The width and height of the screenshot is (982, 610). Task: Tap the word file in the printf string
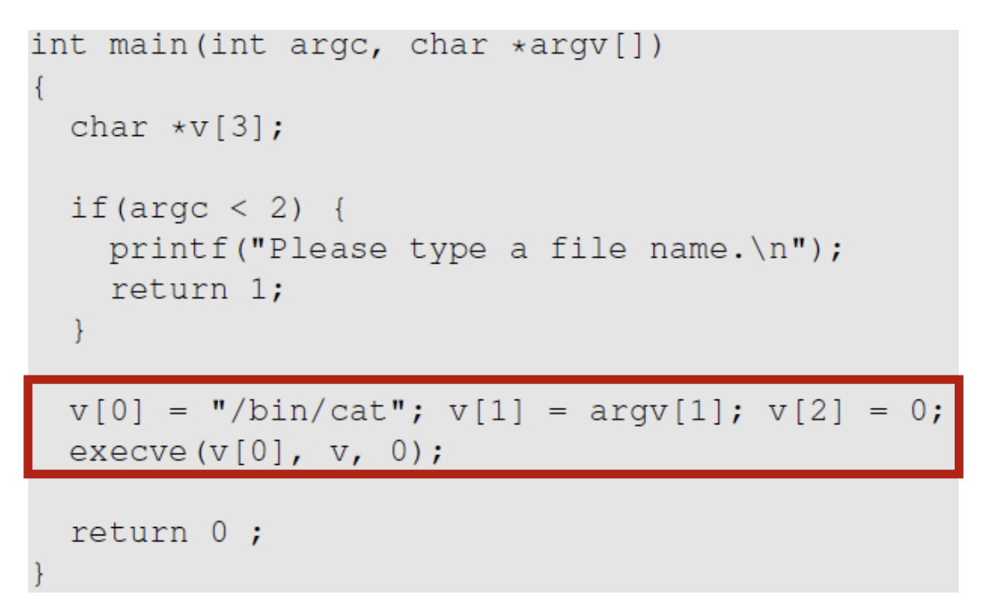click(x=588, y=249)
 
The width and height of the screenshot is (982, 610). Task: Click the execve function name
click(x=129, y=453)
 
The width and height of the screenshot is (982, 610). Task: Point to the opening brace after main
click(x=38, y=86)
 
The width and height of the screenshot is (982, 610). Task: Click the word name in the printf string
click(x=688, y=249)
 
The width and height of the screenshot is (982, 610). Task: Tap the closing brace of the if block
click(x=79, y=330)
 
